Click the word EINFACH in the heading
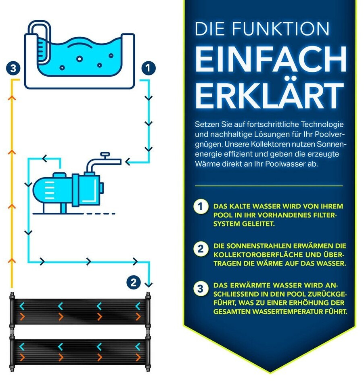(270, 59)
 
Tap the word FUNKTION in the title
(280, 29)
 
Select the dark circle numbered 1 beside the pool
(149, 68)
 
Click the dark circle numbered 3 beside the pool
(13, 68)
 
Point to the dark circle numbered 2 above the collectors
(134, 283)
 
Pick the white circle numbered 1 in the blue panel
(201, 207)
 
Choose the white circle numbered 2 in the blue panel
(201, 249)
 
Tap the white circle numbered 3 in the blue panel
(201, 289)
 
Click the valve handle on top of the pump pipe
(105, 154)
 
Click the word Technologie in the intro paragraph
(322, 124)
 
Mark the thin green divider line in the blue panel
(268, 186)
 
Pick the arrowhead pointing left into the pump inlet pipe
(128, 161)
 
